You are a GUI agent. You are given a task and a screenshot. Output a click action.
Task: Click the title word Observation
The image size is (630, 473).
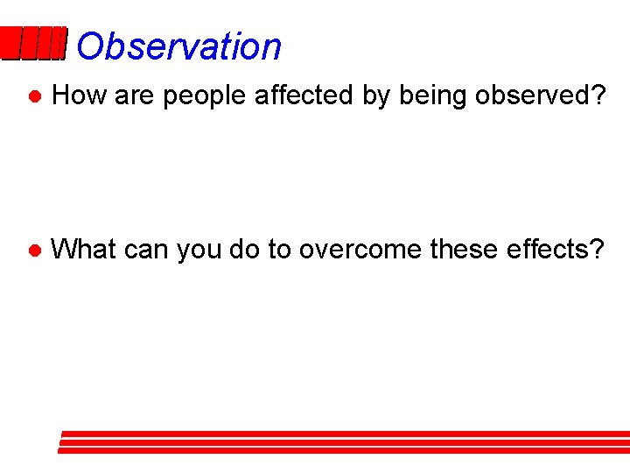tap(178, 46)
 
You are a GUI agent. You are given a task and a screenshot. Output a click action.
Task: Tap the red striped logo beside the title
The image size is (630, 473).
tap(33, 44)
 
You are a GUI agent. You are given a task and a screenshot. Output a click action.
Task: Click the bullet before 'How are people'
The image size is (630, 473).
tap(32, 96)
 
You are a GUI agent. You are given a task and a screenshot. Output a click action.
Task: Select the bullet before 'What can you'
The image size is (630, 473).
tap(32, 251)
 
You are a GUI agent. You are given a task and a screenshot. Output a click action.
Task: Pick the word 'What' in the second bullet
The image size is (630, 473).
tap(85, 250)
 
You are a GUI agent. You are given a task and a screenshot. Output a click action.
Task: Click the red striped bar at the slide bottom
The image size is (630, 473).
tap(344, 441)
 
